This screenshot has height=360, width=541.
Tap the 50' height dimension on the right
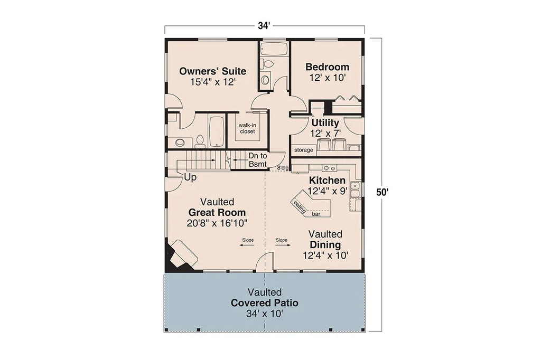click(382, 192)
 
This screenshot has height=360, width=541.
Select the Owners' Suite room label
click(212, 71)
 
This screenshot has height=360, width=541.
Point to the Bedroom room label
click(327, 67)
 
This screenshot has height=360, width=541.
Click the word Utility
click(325, 123)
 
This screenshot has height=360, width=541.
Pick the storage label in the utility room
click(304, 150)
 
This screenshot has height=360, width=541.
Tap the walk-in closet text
click(247, 128)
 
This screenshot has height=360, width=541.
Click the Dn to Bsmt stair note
click(258, 160)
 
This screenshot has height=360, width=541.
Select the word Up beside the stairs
click(190, 178)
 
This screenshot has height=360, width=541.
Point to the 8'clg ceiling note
click(283, 168)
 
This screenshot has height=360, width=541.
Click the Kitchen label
click(327, 181)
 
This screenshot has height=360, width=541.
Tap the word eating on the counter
click(300, 206)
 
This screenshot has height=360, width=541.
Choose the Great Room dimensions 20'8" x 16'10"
click(217, 223)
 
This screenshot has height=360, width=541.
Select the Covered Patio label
click(264, 304)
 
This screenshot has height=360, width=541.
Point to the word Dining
click(325, 245)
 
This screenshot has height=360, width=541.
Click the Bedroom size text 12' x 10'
click(327, 78)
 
